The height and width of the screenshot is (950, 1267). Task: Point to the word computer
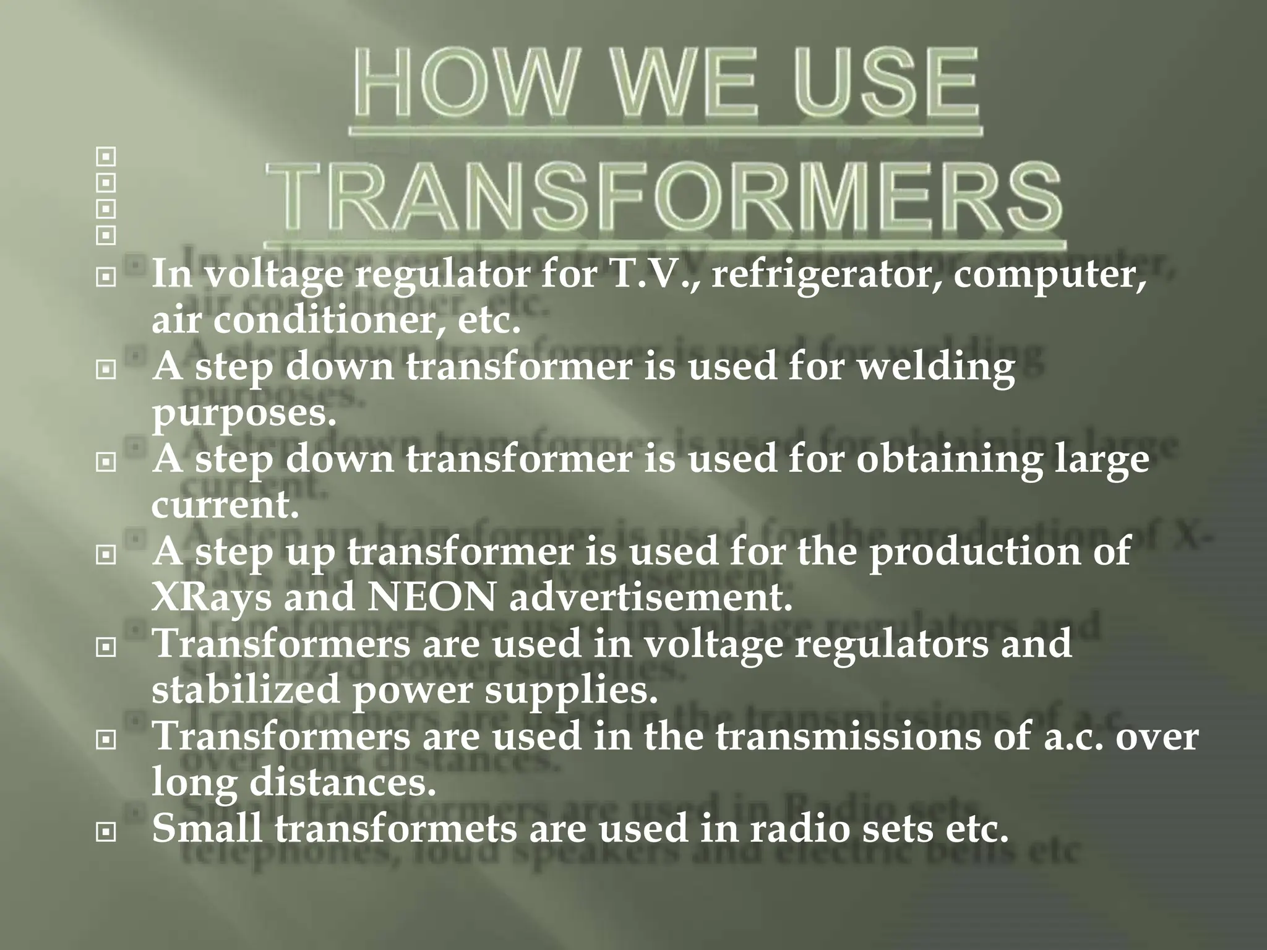(x=1049, y=275)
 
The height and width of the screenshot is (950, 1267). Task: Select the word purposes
(x=244, y=414)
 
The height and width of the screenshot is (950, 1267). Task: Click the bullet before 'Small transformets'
(x=106, y=833)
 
